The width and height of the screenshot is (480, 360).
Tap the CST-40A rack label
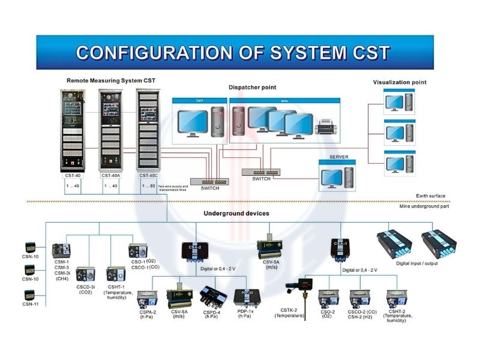[110, 176]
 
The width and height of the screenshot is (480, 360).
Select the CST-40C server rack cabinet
[148, 131]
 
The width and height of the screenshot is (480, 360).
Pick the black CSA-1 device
[339, 248]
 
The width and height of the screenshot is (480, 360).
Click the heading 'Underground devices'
[236, 213]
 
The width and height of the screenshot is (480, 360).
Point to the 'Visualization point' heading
[400, 82]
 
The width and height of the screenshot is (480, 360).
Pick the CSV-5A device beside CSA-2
[270, 248]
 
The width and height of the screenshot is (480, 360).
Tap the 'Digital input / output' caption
[416, 263]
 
